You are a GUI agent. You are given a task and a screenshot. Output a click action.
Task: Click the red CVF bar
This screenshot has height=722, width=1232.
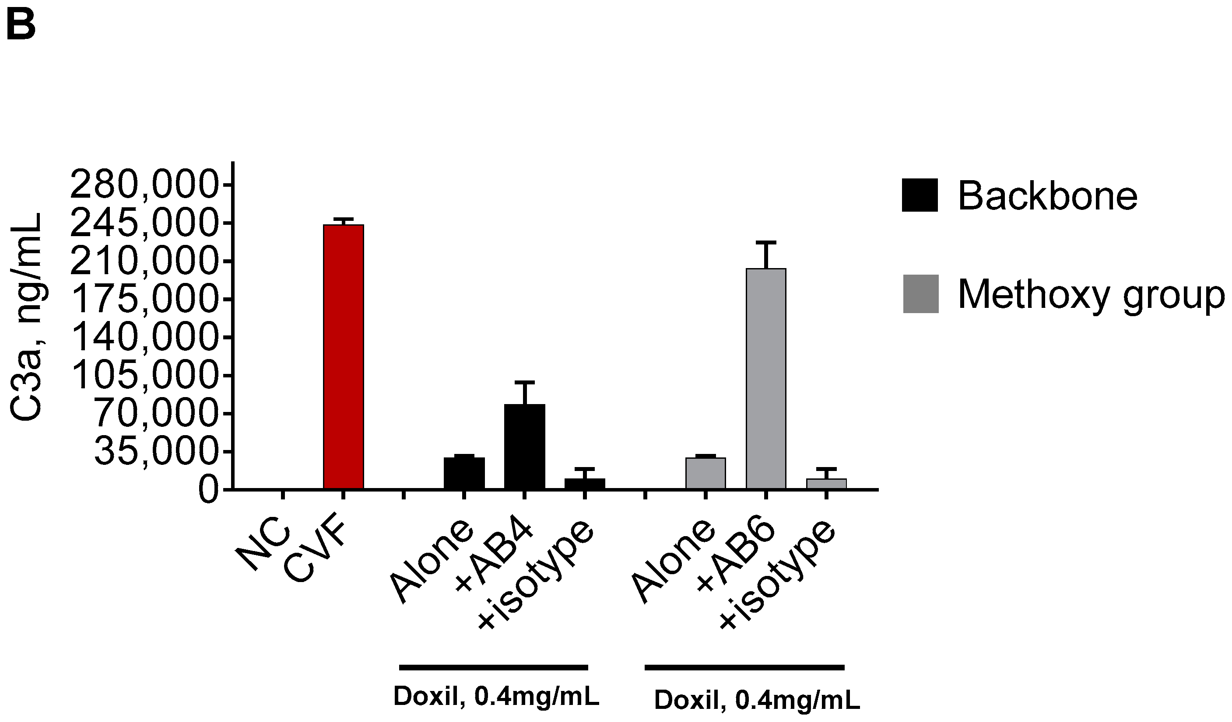[x=343, y=356]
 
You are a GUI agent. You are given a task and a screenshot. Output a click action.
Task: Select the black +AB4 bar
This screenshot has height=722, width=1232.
[x=525, y=446]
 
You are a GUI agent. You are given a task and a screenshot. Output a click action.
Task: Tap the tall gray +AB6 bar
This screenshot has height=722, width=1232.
[x=765, y=379]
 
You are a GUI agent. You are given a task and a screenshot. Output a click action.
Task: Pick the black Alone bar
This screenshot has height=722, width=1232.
[x=464, y=473]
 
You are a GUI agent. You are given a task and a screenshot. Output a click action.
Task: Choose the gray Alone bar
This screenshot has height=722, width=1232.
[x=706, y=473]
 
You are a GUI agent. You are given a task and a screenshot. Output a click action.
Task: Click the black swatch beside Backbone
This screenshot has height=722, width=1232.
[x=920, y=195]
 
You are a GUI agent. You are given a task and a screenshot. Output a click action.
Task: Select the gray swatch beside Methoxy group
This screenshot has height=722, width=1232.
[x=920, y=293]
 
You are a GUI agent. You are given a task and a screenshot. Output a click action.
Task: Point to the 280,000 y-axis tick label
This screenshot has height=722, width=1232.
[x=144, y=185]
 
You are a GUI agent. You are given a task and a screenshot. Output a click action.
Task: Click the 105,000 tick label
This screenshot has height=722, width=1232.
[x=144, y=376]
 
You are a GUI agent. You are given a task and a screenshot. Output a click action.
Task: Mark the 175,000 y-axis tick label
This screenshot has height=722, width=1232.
[x=144, y=300]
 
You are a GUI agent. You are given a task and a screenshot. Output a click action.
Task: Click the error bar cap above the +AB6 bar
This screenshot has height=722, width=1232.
[x=765, y=242]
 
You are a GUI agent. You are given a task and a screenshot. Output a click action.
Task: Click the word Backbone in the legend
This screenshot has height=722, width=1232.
[x=1047, y=196]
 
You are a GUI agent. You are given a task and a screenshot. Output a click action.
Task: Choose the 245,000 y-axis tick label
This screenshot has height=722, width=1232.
[x=144, y=224]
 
